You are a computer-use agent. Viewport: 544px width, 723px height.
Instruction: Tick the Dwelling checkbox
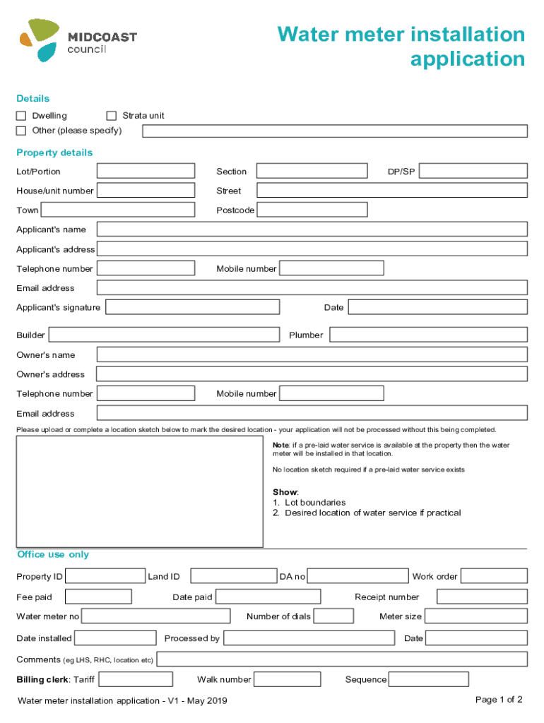click(x=21, y=116)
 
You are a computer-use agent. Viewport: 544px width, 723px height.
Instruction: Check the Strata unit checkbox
click(x=111, y=116)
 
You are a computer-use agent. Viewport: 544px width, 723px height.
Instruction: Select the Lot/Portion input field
click(x=146, y=171)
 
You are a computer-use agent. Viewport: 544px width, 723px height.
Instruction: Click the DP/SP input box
click(x=473, y=171)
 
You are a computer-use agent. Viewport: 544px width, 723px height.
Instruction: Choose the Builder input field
click(x=164, y=335)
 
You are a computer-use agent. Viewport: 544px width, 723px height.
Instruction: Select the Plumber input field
click(x=428, y=335)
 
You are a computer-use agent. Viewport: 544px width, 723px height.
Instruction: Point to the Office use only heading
click(x=53, y=555)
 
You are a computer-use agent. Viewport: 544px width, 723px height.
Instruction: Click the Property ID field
click(x=105, y=576)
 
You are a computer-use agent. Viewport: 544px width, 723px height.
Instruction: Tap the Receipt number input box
click(x=482, y=597)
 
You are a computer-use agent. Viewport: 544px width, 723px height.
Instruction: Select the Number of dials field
click(x=334, y=616)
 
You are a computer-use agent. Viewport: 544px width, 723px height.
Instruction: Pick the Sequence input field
click(x=429, y=679)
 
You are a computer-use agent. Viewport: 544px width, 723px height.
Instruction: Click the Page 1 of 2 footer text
click(x=499, y=700)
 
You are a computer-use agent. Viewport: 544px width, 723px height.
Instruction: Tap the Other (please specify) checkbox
click(x=21, y=131)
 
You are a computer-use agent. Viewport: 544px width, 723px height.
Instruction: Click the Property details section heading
click(x=54, y=153)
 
